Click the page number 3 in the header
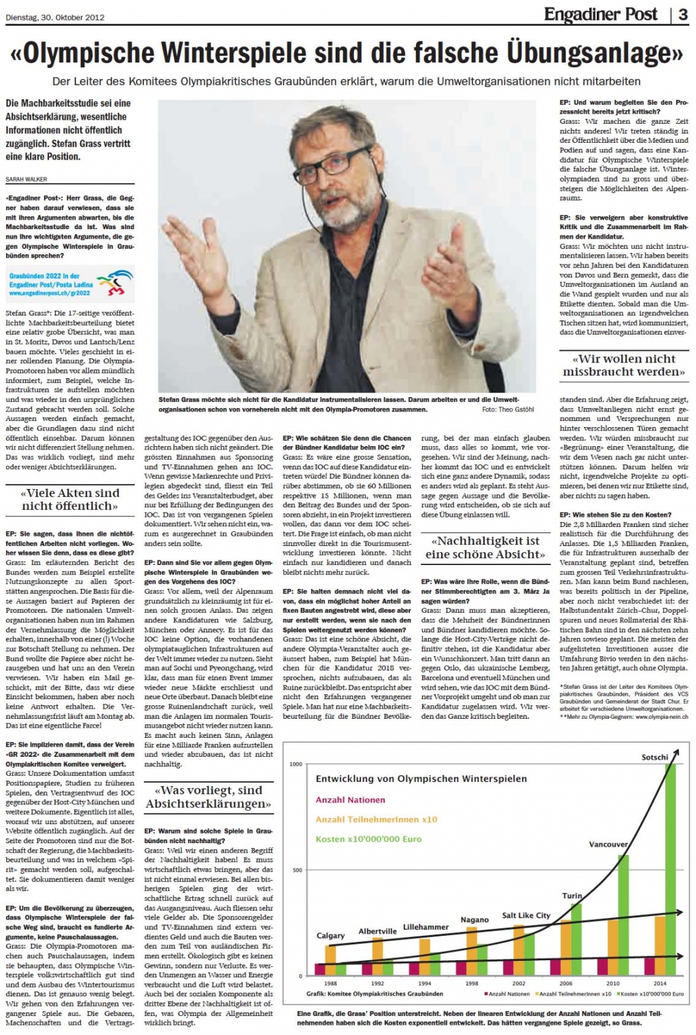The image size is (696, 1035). (682, 15)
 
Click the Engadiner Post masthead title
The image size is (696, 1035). (601, 14)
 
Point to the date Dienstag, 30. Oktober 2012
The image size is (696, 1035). (55, 18)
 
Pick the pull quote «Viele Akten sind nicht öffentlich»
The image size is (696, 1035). (70, 499)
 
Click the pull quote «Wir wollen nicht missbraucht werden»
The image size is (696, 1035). (624, 365)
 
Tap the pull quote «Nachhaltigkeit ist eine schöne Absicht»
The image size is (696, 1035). (485, 547)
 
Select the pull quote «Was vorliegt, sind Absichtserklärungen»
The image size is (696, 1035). (208, 797)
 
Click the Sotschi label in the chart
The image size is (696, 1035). (655, 757)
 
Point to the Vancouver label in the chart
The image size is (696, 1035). (608, 844)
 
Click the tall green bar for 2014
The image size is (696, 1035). (670, 870)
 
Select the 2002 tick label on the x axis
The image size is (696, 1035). (519, 983)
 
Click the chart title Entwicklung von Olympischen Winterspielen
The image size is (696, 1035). (421, 779)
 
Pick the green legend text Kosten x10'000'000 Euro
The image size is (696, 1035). (368, 839)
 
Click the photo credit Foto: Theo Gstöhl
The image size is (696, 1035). (508, 409)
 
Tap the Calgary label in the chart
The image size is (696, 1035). (330, 936)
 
